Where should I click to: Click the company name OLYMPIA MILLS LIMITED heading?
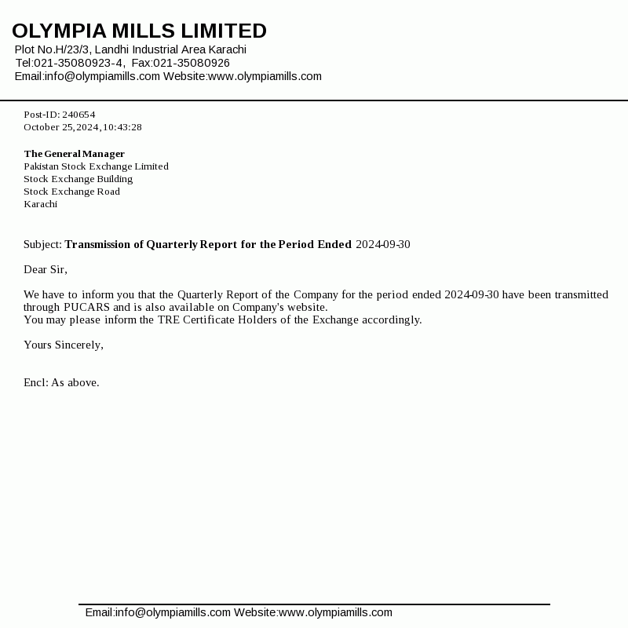[139, 31]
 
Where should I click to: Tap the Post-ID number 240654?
[78, 115]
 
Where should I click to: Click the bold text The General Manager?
[74, 154]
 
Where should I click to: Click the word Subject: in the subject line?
[42, 244]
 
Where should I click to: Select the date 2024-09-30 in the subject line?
[382, 244]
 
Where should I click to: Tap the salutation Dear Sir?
[46, 269]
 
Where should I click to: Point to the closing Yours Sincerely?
[64, 345]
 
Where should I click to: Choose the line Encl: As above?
[61, 382]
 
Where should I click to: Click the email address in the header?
[102, 76]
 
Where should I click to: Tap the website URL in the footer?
[335, 612]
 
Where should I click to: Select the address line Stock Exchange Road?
[71, 192]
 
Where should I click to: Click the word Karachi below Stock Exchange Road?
[40, 204]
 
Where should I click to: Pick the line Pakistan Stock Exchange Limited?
[96, 166]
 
